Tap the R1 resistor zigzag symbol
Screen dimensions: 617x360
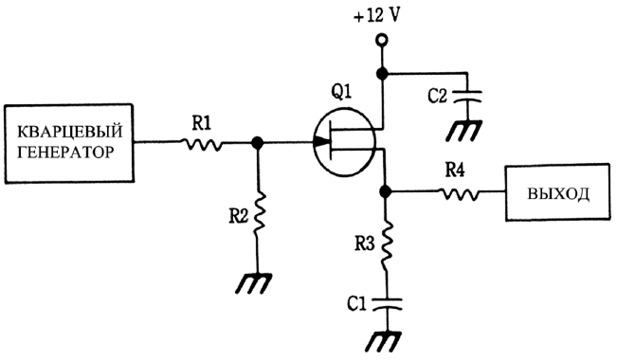click(202, 144)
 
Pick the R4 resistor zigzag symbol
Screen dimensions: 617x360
click(459, 193)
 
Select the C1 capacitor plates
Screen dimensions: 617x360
click(387, 304)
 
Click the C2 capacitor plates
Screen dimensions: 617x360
click(466, 97)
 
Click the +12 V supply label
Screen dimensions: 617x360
click(376, 16)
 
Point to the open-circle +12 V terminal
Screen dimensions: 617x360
click(382, 40)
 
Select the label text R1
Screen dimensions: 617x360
click(202, 123)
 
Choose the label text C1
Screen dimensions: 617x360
click(357, 304)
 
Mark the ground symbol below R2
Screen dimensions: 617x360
click(253, 283)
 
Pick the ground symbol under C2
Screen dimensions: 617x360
click(463, 131)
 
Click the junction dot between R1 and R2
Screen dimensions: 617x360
click(258, 143)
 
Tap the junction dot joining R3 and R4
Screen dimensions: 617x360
click(386, 191)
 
